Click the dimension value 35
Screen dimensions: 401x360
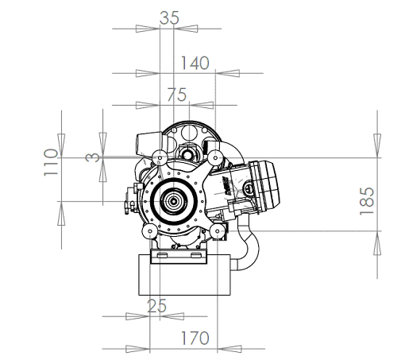(169, 18)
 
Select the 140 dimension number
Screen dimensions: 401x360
(195, 63)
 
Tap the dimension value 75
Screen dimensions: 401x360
(177, 95)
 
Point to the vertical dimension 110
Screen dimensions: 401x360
(51, 162)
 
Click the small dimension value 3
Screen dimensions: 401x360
(93, 157)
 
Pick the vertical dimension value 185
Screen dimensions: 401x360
(367, 201)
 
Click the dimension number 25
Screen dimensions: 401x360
(156, 306)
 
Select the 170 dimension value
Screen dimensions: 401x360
(195, 338)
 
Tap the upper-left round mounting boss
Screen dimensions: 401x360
(160, 158)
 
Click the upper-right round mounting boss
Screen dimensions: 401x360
(215, 158)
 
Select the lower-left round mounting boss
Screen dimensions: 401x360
(150, 231)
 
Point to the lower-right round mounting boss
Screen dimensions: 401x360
(218, 231)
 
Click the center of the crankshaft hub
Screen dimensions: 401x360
(173, 202)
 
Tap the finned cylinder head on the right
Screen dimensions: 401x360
(264, 184)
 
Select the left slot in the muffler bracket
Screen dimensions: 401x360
(162, 255)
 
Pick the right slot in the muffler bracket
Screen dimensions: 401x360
(195, 255)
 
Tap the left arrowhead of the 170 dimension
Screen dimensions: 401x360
(137, 349)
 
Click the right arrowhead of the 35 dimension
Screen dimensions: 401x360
(186, 29)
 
